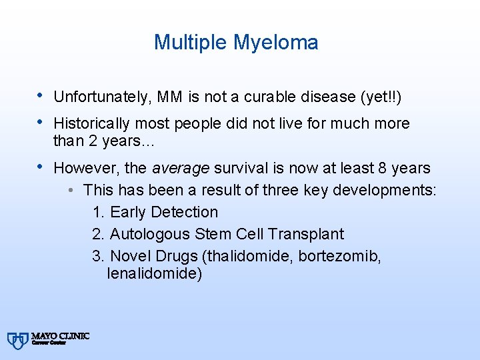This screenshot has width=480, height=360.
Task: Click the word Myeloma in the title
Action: click(275, 43)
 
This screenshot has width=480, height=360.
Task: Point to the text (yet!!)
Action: click(380, 97)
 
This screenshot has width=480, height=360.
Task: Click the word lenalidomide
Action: click(154, 273)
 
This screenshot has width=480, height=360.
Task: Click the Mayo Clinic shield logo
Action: click(17, 340)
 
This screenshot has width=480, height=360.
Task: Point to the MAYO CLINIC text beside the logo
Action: click(60, 336)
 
